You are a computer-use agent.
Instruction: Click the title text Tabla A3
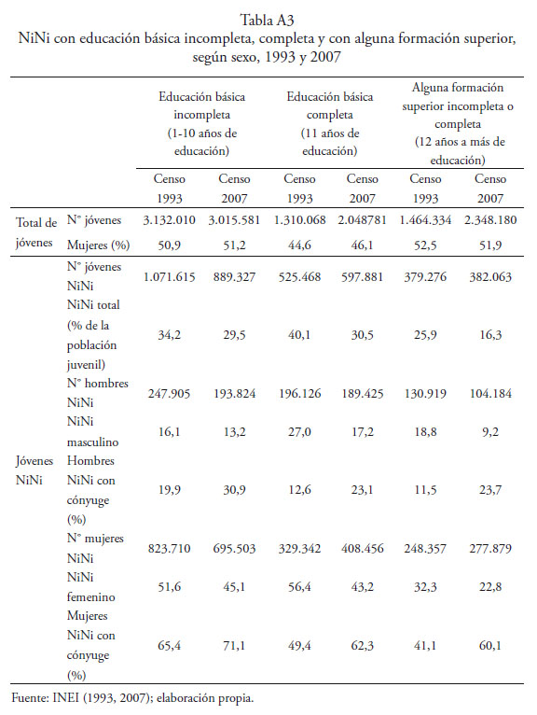(268, 20)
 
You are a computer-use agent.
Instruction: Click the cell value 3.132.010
(169, 220)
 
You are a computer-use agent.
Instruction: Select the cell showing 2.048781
(362, 220)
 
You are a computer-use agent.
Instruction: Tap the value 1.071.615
(169, 277)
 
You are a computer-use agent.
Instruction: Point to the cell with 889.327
(234, 277)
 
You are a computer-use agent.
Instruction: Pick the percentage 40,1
(299, 335)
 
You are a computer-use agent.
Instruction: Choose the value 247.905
(169, 394)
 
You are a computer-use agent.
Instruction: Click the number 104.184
(490, 394)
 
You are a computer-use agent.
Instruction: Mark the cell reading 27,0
(299, 432)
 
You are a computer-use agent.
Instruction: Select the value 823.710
(169, 549)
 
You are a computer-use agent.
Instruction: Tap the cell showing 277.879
(490, 549)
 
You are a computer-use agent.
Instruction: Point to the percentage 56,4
(299, 587)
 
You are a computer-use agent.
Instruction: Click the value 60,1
(490, 646)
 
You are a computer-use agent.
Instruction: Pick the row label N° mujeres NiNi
(95, 549)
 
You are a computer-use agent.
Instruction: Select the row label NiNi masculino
(92, 432)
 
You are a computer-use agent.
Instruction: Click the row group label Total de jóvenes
(36, 232)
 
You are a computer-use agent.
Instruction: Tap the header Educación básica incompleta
(201, 105)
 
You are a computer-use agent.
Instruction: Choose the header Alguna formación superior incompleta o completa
(458, 105)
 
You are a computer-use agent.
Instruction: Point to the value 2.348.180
(490, 220)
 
